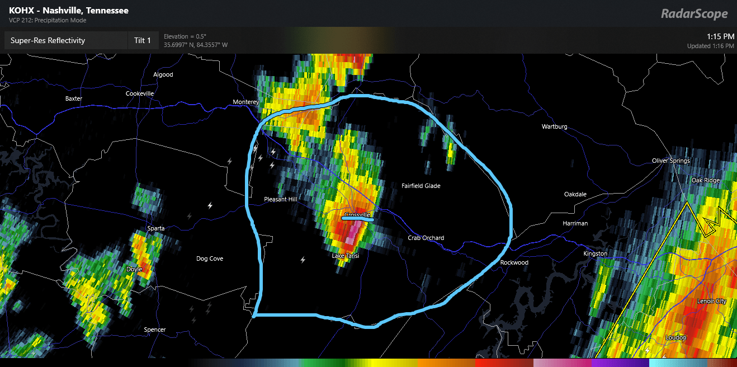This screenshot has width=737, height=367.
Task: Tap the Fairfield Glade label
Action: tap(421, 186)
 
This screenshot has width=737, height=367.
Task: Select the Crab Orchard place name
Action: tap(426, 238)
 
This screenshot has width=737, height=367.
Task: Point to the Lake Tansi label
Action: tap(346, 256)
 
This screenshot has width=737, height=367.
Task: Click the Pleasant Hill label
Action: tap(281, 199)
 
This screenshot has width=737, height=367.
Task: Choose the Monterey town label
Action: tap(246, 102)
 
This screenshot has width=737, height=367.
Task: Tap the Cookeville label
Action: tap(140, 93)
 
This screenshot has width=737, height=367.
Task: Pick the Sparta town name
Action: tap(155, 228)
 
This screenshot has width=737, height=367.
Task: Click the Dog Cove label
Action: tap(210, 258)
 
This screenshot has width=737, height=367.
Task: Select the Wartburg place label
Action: tap(554, 127)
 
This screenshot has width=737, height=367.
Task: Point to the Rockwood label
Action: tap(514, 262)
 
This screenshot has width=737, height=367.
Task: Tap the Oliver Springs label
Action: tap(671, 161)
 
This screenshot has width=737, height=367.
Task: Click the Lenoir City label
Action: tap(712, 301)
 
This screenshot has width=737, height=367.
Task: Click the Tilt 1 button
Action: tap(143, 40)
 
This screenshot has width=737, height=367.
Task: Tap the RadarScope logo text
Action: tap(695, 14)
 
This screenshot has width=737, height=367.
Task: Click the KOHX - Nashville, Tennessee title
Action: tap(69, 11)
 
